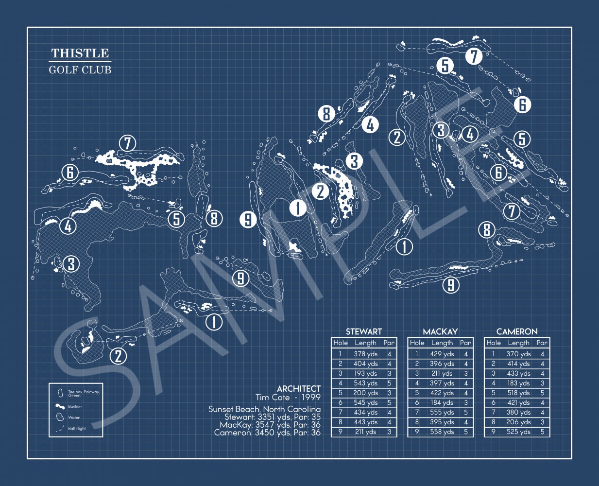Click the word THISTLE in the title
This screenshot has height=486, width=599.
pos(80,53)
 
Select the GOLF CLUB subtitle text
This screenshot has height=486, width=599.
pos(80,69)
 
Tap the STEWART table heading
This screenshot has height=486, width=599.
pos(364,331)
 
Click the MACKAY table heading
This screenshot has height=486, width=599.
pos(440,331)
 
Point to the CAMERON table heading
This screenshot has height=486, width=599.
pos(517,331)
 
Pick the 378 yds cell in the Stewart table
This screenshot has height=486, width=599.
pos(366,354)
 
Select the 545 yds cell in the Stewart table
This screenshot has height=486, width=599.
pos(366,403)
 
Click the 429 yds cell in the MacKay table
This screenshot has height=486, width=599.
pos(442,354)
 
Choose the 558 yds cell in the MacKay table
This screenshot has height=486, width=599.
pos(442,432)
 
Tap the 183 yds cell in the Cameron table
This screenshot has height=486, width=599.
pos(518,383)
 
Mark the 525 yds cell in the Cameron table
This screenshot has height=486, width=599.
pos(518,432)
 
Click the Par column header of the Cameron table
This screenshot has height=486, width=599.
pos(542,343)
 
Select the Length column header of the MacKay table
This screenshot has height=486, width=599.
pos(442,343)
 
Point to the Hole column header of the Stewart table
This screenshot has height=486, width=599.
pos(341,343)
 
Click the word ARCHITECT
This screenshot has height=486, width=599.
pos(299,389)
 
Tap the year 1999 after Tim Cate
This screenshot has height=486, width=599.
pos(311,398)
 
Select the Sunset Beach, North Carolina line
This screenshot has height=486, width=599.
pos(265,409)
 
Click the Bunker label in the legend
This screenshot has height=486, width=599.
pos(75,407)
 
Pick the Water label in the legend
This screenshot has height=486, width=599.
pos(74,417)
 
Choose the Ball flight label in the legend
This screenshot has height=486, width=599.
pos(77,429)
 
